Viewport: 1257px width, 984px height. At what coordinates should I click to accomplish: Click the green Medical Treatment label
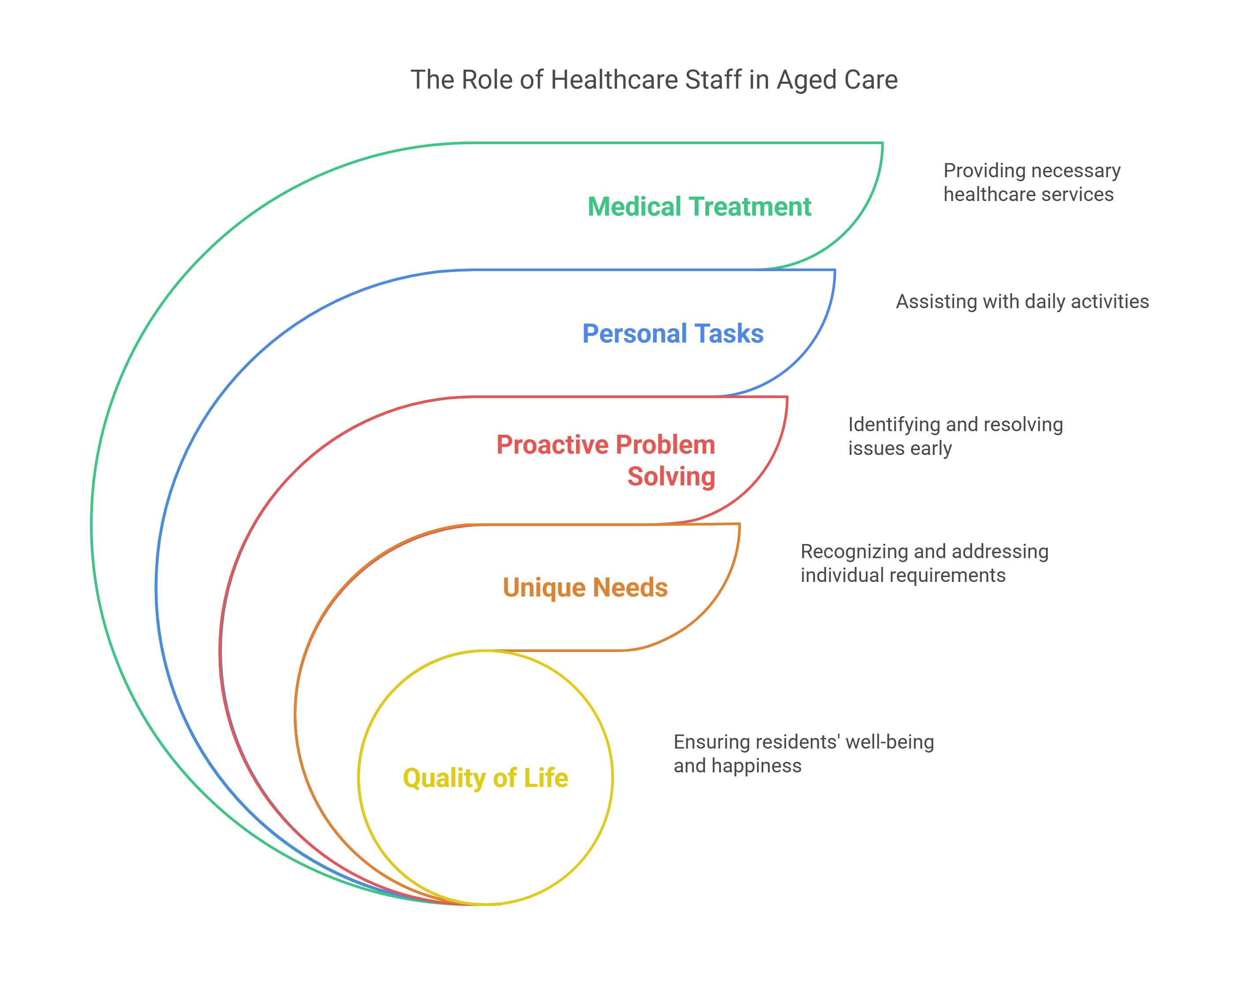tap(699, 207)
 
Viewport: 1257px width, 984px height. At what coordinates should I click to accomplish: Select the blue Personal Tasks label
tap(673, 334)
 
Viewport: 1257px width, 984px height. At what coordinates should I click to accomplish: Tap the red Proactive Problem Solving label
tap(606, 460)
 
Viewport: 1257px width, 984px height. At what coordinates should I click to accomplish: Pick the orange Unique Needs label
tap(585, 588)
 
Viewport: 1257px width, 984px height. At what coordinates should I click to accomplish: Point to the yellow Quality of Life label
tap(485, 778)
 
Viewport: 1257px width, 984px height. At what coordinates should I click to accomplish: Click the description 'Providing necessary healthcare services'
tap(1032, 183)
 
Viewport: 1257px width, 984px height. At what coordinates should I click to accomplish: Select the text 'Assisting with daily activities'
tap(1022, 301)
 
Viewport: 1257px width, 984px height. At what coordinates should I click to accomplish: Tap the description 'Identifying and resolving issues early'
tap(955, 436)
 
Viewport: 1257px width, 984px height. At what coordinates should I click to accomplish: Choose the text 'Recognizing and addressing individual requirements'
tap(924, 563)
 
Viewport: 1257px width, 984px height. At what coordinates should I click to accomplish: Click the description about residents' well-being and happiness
tap(804, 753)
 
